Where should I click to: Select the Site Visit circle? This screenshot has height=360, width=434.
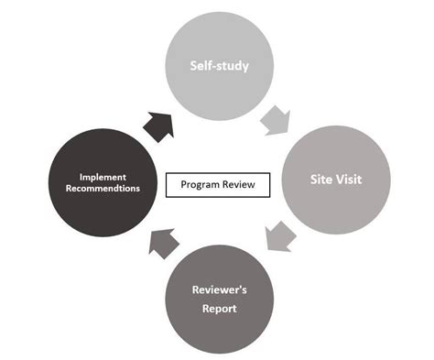334,180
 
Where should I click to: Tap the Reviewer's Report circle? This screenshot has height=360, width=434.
219,295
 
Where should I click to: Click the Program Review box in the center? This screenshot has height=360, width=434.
219,186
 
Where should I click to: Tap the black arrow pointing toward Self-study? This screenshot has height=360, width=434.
158,123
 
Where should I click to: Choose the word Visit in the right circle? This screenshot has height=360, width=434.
348,180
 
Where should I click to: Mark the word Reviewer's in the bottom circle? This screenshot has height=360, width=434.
219,289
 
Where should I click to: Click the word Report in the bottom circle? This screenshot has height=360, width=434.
219,309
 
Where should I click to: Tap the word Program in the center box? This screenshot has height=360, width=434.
201,186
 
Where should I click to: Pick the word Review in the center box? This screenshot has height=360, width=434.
240,186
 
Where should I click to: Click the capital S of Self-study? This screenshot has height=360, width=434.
193,66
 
